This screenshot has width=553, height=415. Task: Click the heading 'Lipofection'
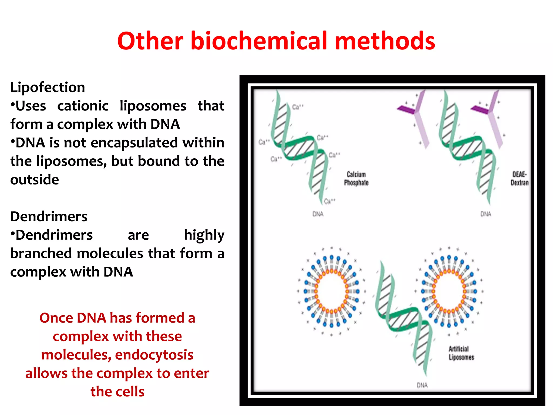point(48,87)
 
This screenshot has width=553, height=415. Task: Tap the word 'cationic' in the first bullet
point(83,106)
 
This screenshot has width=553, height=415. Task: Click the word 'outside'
point(35,180)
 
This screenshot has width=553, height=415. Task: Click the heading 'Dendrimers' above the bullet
point(49,216)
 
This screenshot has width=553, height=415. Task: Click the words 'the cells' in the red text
point(117,391)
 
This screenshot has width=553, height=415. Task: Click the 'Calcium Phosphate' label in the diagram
point(356,179)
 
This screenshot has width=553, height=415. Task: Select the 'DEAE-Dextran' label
point(519,179)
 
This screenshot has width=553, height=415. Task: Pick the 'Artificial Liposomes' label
point(461,353)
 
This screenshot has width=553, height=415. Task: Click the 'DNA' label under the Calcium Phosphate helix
point(318,214)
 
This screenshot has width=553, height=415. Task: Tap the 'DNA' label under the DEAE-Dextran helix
point(485,214)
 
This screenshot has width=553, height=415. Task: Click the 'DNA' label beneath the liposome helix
point(422,385)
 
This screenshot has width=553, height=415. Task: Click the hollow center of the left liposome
point(332,291)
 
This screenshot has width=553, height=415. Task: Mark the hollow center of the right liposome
point(449,291)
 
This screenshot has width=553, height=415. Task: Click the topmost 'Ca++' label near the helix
point(298,107)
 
